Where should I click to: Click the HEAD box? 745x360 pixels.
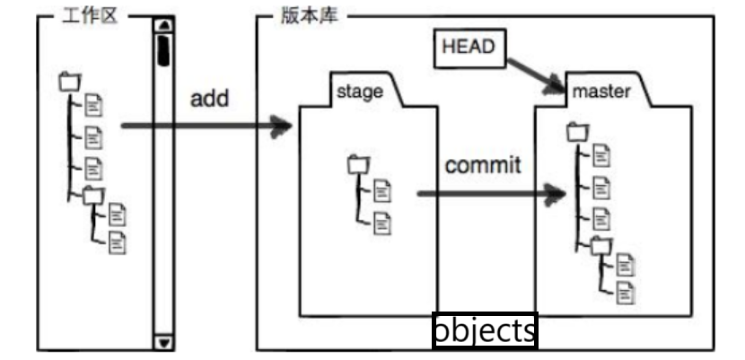pyautogui.click(x=469, y=48)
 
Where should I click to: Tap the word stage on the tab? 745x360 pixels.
pyautogui.click(x=359, y=91)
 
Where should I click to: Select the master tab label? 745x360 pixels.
pyautogui.click(x=600, y=92)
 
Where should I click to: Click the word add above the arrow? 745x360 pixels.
pyautogui.click(x=209, y=98)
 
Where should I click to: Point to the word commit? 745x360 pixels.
pyautogui.click(x=483, y=166)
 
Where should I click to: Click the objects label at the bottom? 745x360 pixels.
pyautogui.click(x=485, y=330)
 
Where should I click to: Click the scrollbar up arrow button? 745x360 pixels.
pyautogui.click(x=162, y=25)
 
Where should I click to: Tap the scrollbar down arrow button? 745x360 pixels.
pyautogui.click(x=162, y=342)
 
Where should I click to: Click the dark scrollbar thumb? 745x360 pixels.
pyautogui.click(x=163, y=50)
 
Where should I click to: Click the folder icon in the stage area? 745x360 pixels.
pyautogui.click(x=358, y=164)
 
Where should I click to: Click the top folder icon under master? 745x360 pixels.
pyautogui.click(x=577, y=133)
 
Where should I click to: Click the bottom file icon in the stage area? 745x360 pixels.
pyautogui.click(x=382, y=223)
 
